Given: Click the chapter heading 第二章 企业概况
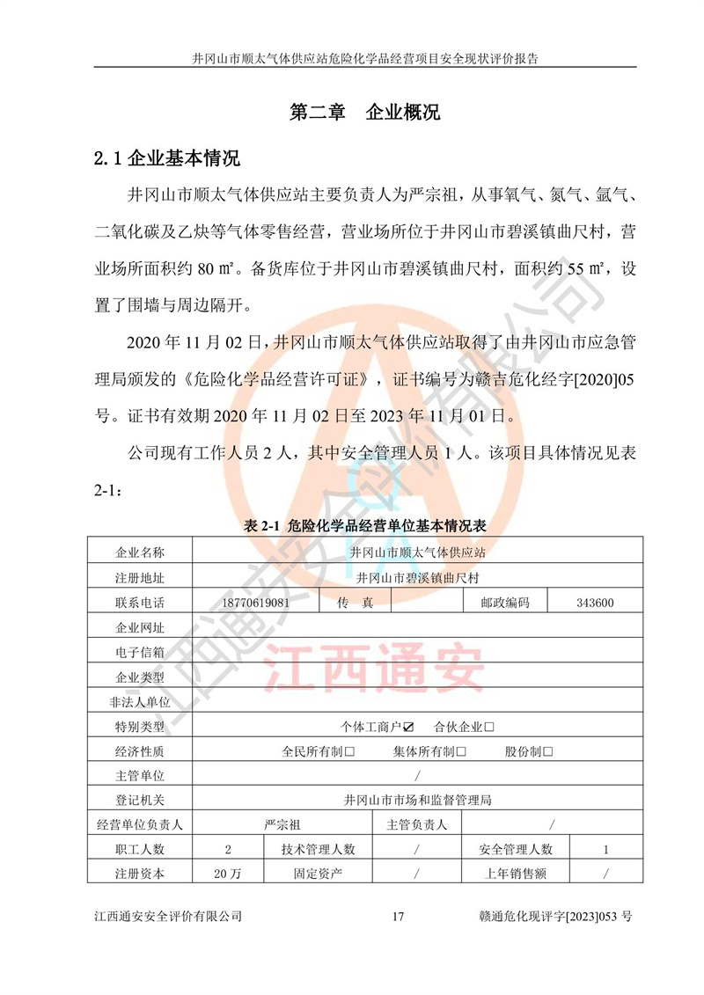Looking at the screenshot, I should (364, 113).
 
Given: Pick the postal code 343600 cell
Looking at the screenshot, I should (595, 603).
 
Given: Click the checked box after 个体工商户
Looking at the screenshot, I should (408, 727).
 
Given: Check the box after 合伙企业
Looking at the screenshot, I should (489, 727).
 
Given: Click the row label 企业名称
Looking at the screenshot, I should (140, 552).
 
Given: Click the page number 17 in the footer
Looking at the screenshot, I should (397, 916).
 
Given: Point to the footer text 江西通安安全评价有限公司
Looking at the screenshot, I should (167, 916).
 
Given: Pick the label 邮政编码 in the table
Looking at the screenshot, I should (505, 603).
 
